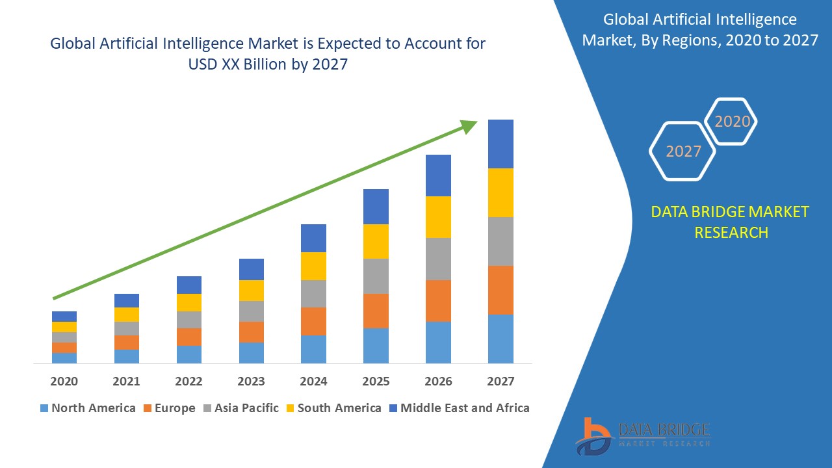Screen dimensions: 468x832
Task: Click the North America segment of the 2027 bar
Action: (x=500, y=339)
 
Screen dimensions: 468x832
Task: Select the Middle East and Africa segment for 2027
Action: (x=500, y=144)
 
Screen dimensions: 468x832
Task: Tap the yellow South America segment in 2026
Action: (x=438, y=217)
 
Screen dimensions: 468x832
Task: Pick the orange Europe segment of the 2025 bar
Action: (x=376, y=311)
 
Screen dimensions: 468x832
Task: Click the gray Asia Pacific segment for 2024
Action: (x=313, y=294)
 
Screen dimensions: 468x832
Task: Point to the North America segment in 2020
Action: (x=64, y=357)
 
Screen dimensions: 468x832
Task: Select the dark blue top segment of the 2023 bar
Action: (x=252, y=269)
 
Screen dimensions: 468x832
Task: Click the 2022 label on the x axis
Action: (x=188, y=381)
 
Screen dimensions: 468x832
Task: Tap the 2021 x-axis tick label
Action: (x=126, y=381)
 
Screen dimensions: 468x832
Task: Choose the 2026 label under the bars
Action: (x=438, y=381)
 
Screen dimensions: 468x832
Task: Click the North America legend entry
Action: (x=87, y=408)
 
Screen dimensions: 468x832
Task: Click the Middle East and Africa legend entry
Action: (x=458, y=408)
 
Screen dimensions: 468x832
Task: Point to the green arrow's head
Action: (x=469, y=125)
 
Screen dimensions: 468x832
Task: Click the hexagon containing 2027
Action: (x=682, y=151)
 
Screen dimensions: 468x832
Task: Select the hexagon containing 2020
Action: (x=732, y=122)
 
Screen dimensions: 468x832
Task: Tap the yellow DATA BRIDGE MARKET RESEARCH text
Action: (x=731, y=222)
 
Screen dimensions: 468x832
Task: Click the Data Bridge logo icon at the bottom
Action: (x=593, y=436)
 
